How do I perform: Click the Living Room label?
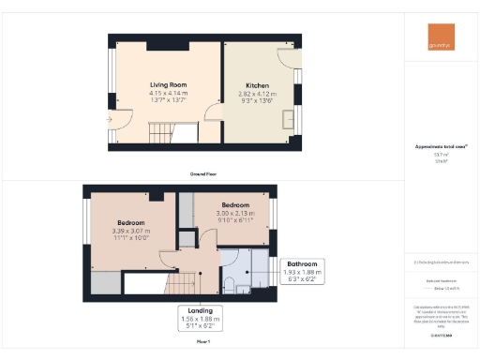[167, 84]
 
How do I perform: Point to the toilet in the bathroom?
[230, 283]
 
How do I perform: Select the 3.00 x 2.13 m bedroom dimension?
[235, 213]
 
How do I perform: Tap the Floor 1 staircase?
[186, 281]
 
